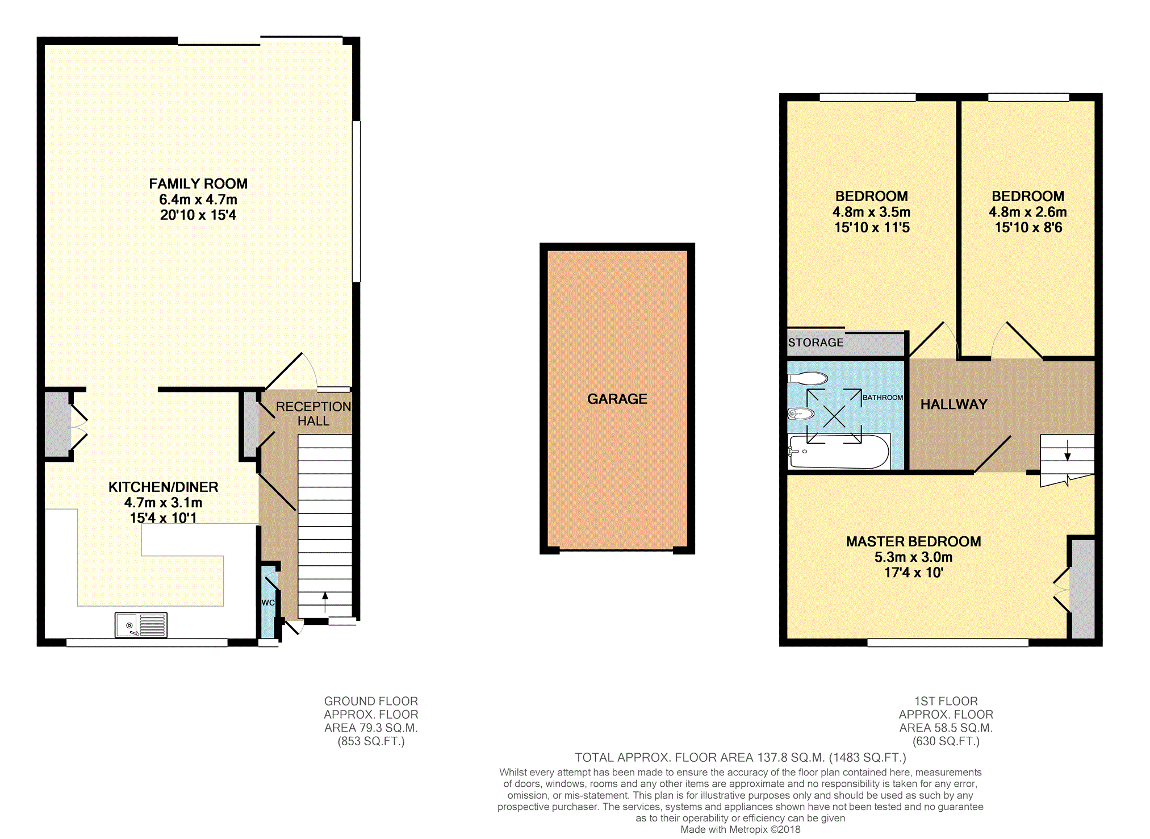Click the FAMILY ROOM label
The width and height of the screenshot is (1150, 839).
[198, 184]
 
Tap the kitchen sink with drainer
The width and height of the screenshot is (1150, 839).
[141, 625]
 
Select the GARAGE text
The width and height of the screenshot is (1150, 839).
[617, 399]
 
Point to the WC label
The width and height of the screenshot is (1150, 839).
[268, 603]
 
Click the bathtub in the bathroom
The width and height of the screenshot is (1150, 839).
[839, 452]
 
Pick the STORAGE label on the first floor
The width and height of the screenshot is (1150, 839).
[816, 343]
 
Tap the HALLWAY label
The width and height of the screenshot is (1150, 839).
[954, 404]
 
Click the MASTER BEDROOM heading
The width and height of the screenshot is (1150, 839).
[914, 541]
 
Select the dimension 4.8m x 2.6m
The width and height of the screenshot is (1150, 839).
[1028, 212]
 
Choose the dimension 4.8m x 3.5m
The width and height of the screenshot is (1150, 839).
[872, 212]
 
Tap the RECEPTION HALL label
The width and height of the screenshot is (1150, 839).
[313, 414]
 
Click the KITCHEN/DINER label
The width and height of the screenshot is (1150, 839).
[164, 487]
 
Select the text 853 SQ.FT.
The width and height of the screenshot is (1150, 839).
[371, 741]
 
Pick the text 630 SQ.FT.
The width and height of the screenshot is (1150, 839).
[946, 741]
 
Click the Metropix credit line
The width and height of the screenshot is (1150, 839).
[741, 829]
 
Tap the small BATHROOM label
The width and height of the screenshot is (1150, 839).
[883, 398]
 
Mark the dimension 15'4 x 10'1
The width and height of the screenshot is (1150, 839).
[164, 518]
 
